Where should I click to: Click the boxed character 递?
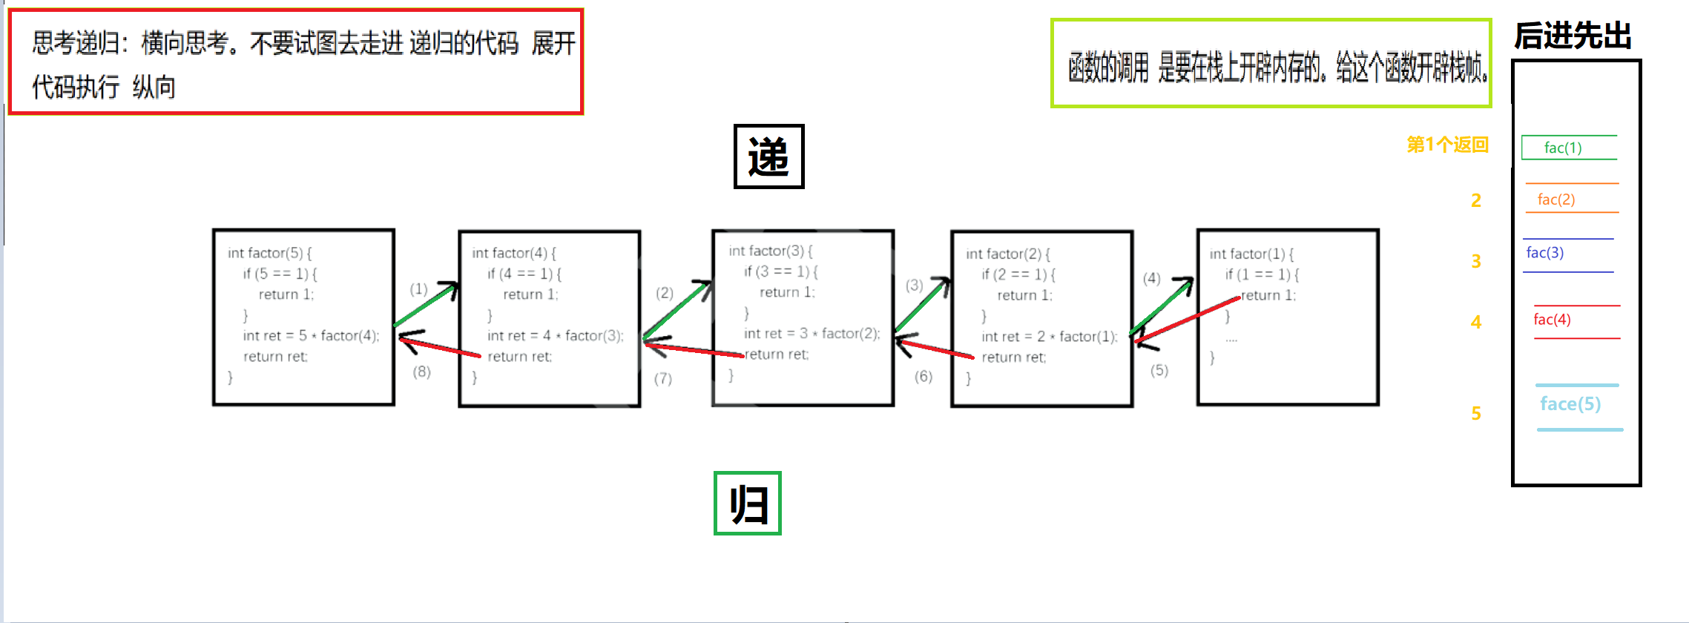point(768,156)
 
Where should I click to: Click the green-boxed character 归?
point(748,504)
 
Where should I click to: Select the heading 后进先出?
point(1573,36)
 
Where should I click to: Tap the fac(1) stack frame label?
point(1563,148)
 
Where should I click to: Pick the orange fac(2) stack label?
point(1556,200)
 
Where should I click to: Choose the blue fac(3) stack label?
point(1545,253)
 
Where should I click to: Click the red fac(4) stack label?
point(1552,320)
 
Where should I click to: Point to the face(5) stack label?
point(1570,404)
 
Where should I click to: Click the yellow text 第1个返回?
point(1447,145)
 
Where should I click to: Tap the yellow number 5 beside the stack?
point(1476,413)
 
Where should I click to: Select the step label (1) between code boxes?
point(419,289)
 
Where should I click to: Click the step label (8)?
point(422,372)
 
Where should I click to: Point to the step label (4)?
point(1151,278)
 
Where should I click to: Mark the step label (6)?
point(923,376)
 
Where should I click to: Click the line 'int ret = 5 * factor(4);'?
point(311,336)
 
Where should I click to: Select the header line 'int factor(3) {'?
point(771,251)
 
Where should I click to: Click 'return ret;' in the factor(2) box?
point(1013,357)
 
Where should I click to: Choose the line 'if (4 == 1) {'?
point(524,274)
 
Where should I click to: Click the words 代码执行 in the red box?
point(76,88)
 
